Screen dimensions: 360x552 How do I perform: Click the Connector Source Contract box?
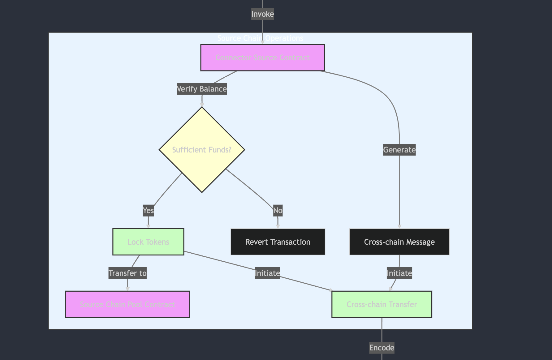(262, 58)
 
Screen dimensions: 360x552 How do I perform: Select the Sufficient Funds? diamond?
(202, 150)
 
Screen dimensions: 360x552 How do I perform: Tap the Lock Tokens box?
(148, 242)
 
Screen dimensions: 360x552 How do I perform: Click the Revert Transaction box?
(278, 242)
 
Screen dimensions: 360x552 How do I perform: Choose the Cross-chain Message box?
(399, 242)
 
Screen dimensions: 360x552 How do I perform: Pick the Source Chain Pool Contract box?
(127, 304)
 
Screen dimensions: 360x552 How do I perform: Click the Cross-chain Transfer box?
(382, 304)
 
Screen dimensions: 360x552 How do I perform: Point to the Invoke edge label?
(262, 14)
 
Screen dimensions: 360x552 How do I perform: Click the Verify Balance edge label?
(202, 89)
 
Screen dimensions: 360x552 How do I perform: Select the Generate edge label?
(399, 150)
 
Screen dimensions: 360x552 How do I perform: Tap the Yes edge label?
(148, 210)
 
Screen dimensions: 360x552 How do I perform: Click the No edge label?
(278, 210)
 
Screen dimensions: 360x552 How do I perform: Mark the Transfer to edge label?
(127, 273)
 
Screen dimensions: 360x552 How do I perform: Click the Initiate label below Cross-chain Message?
(399, 273)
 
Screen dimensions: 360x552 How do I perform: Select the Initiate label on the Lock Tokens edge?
(267, 273)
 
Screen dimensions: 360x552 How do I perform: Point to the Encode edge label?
(382, 348)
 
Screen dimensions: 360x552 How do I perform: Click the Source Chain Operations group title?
(260, 38)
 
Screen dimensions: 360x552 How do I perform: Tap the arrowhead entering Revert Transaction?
(278, 227)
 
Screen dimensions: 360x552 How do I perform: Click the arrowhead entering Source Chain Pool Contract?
(127, 289)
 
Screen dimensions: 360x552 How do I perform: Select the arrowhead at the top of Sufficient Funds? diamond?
(202, 105)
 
